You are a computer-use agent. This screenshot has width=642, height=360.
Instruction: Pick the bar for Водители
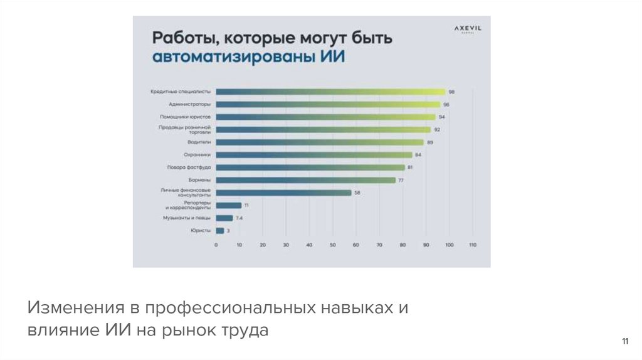[320, 142]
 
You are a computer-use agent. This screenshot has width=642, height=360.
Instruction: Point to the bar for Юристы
[219, 231]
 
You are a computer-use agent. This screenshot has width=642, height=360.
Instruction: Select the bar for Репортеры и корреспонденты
[228, 205]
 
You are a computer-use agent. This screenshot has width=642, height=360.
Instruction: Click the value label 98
[451, 92]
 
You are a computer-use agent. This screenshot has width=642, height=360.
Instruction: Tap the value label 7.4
[239, 218]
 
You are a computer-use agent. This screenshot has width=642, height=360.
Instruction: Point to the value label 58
[357, 193]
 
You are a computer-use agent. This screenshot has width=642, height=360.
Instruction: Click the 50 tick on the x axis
[333, 245]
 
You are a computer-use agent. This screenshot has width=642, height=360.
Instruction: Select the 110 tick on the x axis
[473, 245]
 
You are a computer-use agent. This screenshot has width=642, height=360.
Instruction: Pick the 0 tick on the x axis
[216, 245]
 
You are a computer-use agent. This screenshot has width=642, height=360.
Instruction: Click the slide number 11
[624, 341]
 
